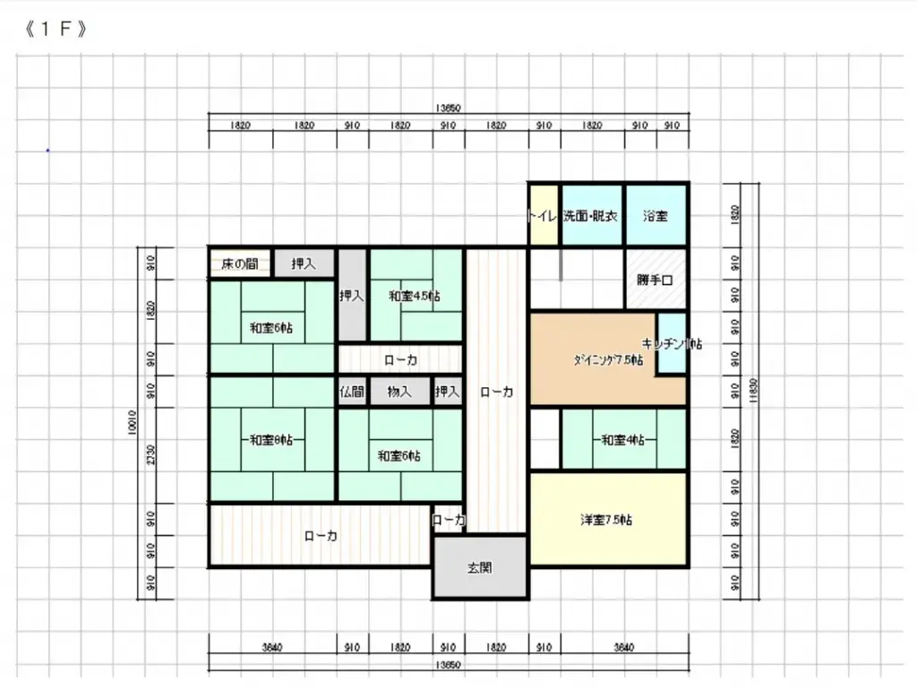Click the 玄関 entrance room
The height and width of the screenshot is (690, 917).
click(x=479, y=567)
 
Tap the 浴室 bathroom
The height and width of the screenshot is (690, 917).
click(x=656, y=216)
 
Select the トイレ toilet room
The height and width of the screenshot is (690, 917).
click(x=543, y=216)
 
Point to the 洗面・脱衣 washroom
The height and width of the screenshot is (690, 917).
click(x=591, y=216)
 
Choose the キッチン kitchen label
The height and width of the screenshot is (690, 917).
click(x=671, y=344)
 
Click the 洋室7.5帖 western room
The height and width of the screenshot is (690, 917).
click(x=607, y=520)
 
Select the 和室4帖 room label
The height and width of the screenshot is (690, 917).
click(x=623, y=439)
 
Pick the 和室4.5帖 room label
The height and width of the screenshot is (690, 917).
click(x=414, y=296)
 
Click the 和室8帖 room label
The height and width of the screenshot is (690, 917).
click(x=272, y=439)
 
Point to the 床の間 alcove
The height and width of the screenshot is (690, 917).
click(x=240, y=263)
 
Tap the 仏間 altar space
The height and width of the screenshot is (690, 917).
click(x=350, y=392)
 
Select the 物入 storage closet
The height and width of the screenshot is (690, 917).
click(x=399, y=392)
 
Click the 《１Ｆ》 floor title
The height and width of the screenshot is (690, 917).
click(x=56, y=29)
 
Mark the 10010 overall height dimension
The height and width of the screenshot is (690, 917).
click(x=133, y=422)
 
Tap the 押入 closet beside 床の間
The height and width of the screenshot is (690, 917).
click(x=304, y=263)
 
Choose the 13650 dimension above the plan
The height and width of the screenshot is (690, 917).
click(x=449, y=108)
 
